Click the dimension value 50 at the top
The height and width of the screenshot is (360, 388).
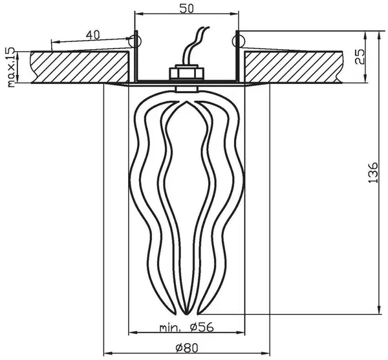pyautogui.click(x=186, y=8)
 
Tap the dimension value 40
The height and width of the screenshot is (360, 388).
pyautogui.click(x=93, y=35)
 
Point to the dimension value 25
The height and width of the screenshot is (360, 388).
pyautogui.click(x=360, y=56)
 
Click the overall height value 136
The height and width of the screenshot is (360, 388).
pyautogui.click(x=373, y=173)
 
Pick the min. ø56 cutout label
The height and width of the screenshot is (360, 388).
pyautogui.click(x=186, y=328)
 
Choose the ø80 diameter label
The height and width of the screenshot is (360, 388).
pyautogui.click(x=187, y=348)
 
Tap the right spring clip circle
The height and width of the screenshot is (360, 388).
pyautogui.click(x=238, y=40)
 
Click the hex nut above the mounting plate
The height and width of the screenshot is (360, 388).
pyautogui.click(x=187, y=72)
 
